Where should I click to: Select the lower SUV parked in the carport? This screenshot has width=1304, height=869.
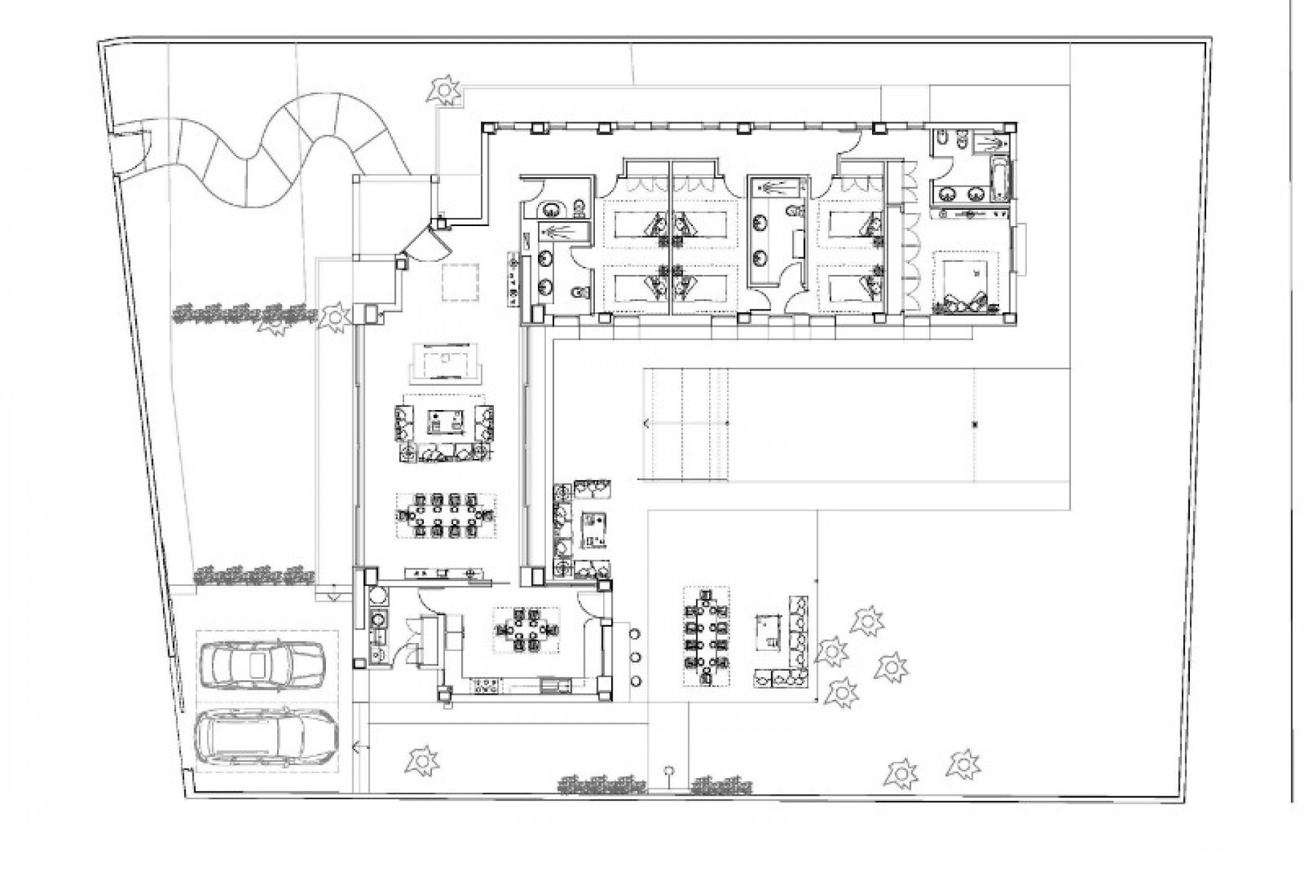266,741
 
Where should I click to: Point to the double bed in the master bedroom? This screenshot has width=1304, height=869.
965,282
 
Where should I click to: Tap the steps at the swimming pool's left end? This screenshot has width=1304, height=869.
685,424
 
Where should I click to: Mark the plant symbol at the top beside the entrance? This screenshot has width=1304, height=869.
444,89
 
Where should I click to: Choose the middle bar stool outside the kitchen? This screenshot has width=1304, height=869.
636,657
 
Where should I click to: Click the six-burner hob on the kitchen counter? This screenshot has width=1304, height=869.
486,686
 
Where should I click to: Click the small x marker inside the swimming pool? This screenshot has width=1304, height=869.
975,425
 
